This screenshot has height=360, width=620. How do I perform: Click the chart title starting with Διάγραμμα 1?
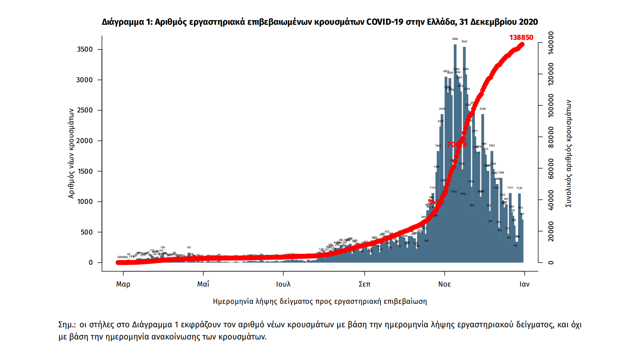[x=320, y=22]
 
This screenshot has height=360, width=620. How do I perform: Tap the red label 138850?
[x=521, y=37]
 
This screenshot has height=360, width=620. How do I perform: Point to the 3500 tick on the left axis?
[x=85, y=50]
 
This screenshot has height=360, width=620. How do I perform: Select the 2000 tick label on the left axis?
[x=85, y=141]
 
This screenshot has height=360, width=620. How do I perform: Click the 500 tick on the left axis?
[x=87, y=232]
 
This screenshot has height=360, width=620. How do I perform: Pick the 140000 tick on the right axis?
[x=551, y=43]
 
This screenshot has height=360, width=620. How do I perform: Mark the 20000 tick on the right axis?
[x=551, y=232]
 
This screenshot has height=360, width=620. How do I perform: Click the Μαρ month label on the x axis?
[x=123, y=284]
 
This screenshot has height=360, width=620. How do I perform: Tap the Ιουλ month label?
[x=283, y=284]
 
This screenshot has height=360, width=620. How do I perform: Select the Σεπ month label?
[x=365, y=284]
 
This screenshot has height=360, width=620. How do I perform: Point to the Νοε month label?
[x=444, y=284]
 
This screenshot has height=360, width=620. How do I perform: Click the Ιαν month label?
[x=524, y=284]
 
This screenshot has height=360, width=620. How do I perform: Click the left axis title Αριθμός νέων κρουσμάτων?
[x=71, y=153]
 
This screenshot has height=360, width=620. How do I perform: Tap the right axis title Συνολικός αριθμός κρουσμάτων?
[x=568, y=153]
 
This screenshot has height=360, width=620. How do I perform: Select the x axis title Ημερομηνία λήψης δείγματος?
[x=320, y=301]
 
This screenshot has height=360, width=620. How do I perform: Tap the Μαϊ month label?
[x=203, y=284]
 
